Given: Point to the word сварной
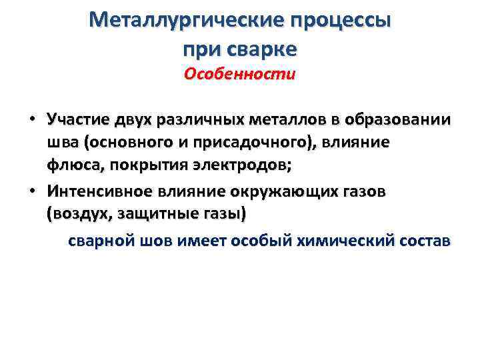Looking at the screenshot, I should click(x=98, y=240).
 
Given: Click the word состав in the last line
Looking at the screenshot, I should click(x=427, y=240).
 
